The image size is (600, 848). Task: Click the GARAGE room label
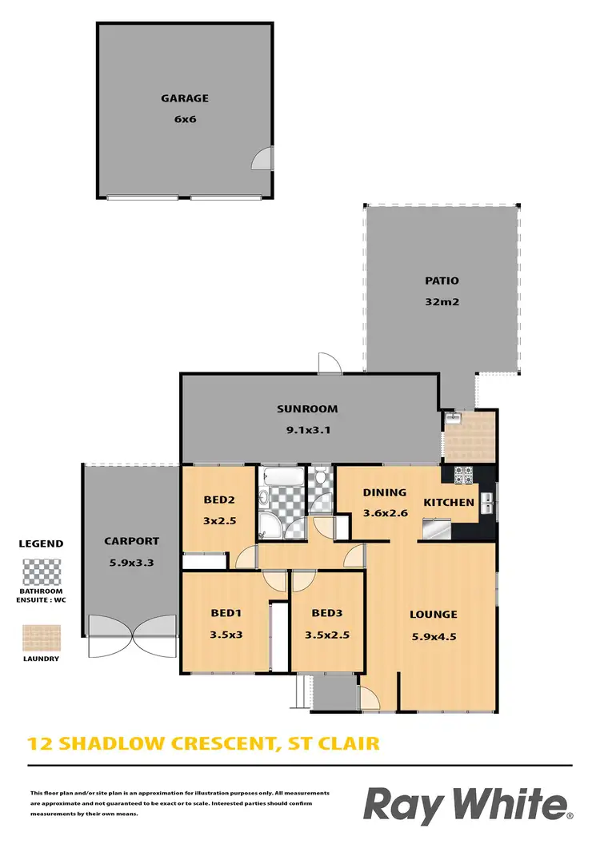[184, 98]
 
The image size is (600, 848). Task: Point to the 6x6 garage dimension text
[184, 119]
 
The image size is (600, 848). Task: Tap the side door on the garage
[262, 159]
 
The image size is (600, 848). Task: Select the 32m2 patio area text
[442, 302]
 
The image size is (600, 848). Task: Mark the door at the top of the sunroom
[328, 364]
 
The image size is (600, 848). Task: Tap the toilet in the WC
[321, 480]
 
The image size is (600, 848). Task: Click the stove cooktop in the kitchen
[465, 475]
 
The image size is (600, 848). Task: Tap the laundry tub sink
[454, 418]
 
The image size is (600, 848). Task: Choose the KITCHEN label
[448, 503]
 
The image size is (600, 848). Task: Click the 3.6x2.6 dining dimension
[385, 513]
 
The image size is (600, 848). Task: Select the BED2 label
[218, 500]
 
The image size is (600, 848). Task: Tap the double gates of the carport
[131, 635]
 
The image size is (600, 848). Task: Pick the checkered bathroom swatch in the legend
[40, 572]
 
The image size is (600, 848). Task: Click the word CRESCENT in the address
[218, 743]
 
